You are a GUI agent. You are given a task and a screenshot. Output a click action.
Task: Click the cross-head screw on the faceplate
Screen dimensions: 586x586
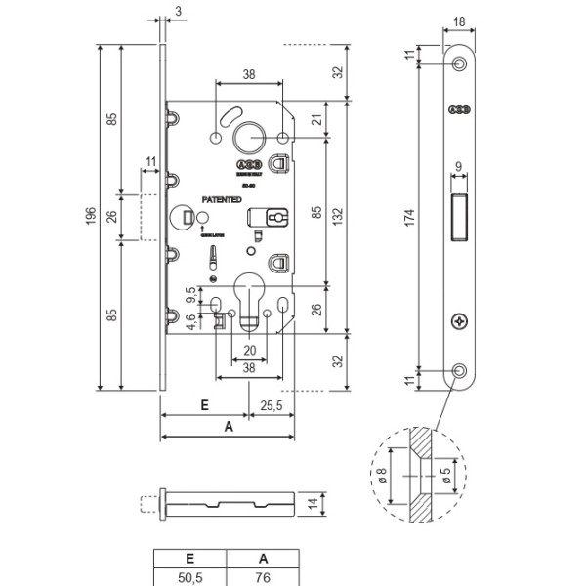459,321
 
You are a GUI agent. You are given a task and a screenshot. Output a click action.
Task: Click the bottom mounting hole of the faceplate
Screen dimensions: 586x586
459,370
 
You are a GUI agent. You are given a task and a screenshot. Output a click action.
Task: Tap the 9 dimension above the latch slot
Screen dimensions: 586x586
459,167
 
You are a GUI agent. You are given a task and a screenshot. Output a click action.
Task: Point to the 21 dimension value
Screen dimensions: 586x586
315,120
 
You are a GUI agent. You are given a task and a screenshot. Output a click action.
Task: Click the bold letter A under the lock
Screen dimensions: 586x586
229,427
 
